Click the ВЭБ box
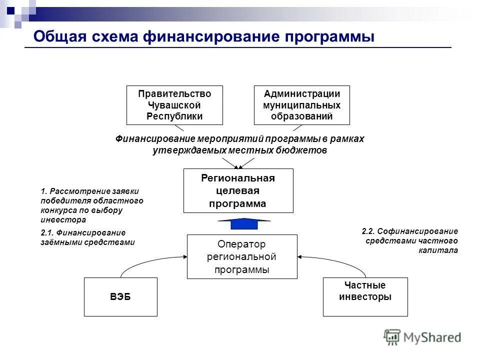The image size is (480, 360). coord(120,297)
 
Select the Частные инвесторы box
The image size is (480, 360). coord(365,297)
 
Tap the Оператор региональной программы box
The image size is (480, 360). coord(242,257)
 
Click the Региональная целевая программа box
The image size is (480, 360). coord(238,191)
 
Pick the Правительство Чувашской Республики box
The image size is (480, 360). coord(174,105)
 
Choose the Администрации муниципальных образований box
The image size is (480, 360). coord(302,105)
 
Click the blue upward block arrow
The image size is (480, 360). coord(244,223)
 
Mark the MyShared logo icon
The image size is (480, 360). coord(392,337)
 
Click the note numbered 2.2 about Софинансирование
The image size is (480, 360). coord(409,241)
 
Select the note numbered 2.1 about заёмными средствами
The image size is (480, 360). coord(87,237)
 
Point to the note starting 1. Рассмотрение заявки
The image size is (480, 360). coord(91,205)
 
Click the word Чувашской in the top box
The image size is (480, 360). coord(174,105)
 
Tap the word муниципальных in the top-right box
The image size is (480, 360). coord(302,105)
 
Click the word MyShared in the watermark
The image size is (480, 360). coord(432,338)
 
